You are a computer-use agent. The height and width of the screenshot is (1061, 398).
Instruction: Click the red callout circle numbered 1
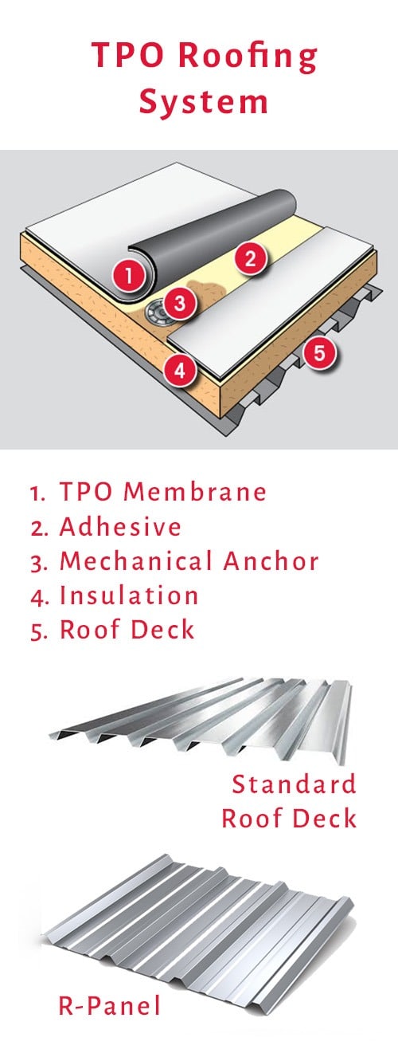[x=128, y=276]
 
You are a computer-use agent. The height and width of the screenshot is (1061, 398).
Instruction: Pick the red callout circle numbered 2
[x=251, y=257]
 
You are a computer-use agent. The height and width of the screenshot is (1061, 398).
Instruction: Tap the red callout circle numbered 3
[x=179, y=303]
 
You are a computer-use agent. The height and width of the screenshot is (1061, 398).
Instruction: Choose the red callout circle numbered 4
[x=181, y=371]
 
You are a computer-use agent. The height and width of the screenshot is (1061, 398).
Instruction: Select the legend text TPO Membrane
[x=163, y=491]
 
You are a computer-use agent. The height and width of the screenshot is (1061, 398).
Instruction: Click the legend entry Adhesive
[x=120, y=526]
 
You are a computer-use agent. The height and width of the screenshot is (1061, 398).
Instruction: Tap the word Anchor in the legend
[x=271, y=561]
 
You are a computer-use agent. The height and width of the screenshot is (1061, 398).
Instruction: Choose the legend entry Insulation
[x=129, y=595]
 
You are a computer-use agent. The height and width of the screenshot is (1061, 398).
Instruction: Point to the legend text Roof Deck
[x=127, y=630]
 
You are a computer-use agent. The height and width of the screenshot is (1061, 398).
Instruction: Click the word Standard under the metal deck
[x=294, y=784]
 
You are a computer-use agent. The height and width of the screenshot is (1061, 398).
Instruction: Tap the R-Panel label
[x=109, y=1004]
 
